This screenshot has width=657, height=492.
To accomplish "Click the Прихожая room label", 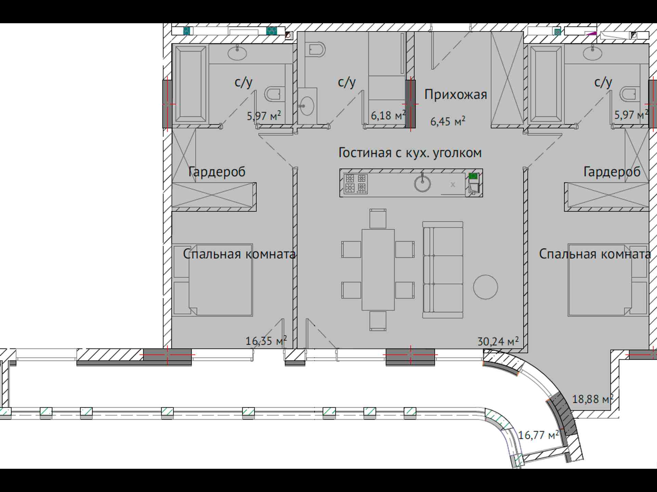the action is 455,94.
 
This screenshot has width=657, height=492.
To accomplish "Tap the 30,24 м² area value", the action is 498,341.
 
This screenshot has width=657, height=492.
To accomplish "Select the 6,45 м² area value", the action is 448,121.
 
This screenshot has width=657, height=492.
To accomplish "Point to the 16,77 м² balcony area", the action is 538,435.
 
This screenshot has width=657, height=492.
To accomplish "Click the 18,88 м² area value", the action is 593,398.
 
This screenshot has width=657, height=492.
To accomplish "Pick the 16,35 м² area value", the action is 266,340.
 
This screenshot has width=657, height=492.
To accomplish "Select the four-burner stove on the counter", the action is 356,183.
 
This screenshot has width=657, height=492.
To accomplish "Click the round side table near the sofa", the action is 486,287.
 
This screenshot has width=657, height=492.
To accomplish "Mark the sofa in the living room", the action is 443,270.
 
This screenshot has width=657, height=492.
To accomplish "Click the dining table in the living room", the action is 378,270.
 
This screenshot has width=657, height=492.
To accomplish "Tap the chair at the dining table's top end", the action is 378,218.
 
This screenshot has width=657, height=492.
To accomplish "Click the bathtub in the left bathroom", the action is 191,84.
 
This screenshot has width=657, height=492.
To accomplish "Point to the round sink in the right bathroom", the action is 592,53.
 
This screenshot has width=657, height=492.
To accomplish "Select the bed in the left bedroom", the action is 213,280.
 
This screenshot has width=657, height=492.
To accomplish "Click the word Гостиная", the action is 365,153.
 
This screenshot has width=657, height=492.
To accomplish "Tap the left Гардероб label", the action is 217,172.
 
